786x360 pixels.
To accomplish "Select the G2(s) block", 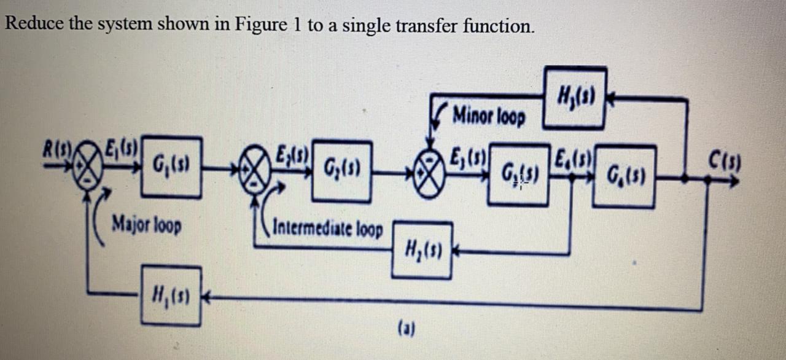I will click(x=341, y=171).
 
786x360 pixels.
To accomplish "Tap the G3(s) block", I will click(x=518, y=174).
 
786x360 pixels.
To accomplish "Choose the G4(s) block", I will click(x=625, y=176).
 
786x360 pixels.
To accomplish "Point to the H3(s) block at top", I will click(x=575, y=97).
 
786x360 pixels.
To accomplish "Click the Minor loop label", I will click(x=489, y=116).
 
